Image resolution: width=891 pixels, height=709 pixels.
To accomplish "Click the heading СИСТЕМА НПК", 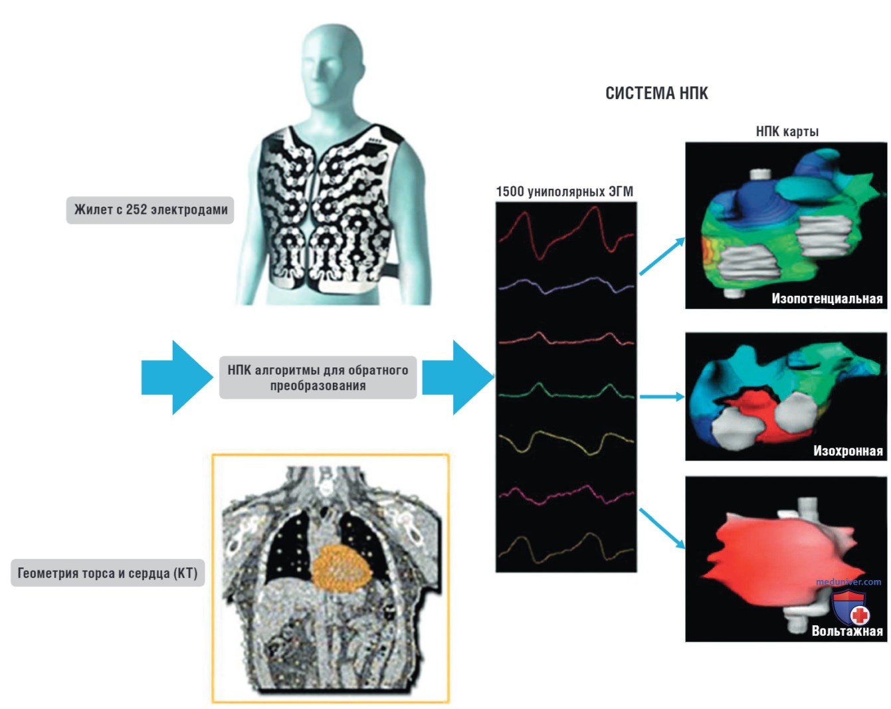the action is (656, 93).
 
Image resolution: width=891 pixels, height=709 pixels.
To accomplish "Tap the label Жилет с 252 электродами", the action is (150, 210).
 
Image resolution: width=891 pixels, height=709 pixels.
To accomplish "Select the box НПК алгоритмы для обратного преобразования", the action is (318, 377).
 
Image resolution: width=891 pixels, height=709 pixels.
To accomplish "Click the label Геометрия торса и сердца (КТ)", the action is (108, 573).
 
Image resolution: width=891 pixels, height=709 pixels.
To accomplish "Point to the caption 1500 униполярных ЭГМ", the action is (565, 191).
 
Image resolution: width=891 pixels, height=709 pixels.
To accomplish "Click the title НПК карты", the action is (787, 132).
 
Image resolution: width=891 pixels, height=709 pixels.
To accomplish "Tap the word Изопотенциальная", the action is (827, 298).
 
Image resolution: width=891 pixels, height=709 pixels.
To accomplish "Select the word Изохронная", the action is (848, 451).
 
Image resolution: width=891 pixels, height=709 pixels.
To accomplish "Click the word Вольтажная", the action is (847, 631).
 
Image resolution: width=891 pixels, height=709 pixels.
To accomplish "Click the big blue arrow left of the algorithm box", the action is (177, 377).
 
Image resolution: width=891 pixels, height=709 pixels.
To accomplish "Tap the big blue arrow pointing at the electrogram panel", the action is (458, 377).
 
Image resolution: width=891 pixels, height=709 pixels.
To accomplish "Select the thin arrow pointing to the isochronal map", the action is (662, 397).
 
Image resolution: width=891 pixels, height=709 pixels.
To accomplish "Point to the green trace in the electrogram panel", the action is (565, 391).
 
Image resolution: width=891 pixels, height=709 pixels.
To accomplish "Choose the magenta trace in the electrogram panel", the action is (565, 495).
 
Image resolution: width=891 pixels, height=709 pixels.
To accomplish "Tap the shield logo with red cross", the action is (850, 607).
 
